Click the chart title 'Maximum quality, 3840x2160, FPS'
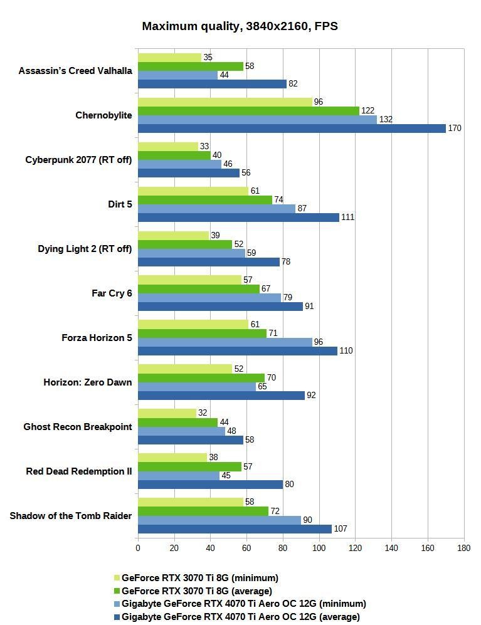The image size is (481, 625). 240,26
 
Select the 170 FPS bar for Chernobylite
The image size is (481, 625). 292,129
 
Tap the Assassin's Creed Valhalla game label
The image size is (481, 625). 75,71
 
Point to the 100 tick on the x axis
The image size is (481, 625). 319,548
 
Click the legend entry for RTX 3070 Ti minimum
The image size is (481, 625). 199,578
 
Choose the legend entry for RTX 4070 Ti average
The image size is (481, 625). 240,617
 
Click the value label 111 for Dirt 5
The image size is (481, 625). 347,218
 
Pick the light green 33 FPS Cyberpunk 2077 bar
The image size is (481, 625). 167,147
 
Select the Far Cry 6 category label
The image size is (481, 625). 112,293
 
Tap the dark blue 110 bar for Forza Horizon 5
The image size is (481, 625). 237,351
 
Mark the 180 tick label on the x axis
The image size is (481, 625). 463,548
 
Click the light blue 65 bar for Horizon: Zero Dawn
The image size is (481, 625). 196,387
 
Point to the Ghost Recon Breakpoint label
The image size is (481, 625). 78,427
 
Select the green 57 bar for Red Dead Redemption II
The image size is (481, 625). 189,466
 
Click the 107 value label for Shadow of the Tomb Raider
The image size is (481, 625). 341,529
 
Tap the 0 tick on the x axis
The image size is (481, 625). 138,548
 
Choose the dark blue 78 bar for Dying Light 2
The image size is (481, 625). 208,262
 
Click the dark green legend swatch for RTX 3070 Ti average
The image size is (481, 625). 117,591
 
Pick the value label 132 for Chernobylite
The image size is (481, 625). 386,120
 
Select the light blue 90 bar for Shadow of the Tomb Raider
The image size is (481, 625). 219,520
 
